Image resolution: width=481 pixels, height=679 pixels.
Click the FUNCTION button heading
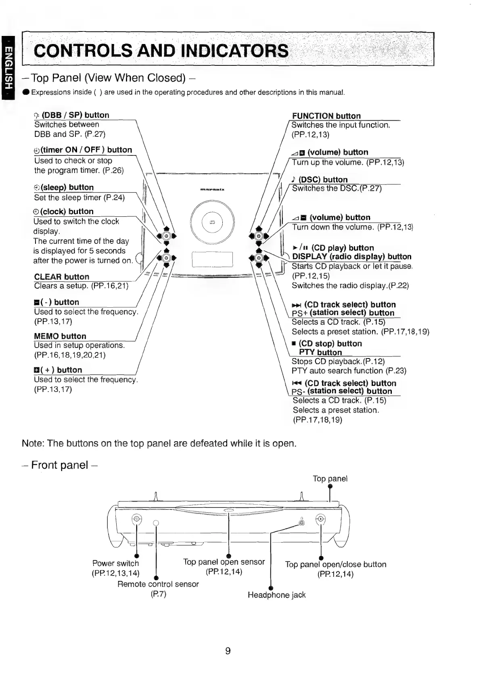326,116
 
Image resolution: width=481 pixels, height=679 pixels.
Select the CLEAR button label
62,277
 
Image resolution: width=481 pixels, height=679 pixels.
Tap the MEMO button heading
60,336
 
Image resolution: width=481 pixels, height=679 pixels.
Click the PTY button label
320,352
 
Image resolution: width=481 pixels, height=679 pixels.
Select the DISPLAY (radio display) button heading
351,257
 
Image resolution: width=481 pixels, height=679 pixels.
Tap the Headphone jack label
276,595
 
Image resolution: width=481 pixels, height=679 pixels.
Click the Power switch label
115,563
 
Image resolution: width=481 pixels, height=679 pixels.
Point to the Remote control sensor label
158,584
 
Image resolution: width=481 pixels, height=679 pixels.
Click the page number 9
228,651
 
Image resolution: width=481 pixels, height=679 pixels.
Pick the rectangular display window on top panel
212,259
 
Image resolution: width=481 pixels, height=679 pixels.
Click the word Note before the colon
32,444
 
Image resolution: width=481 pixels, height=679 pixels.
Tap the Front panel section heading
60,465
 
